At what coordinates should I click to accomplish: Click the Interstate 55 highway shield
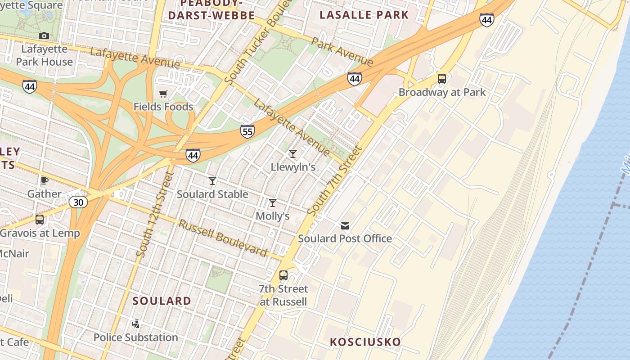click(247, 131)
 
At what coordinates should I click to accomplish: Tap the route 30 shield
click(78, 202)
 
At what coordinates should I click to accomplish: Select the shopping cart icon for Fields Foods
click(163, 94)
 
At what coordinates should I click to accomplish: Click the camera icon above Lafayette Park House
click(44, 36)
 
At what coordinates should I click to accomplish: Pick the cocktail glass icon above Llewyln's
click(293, 154)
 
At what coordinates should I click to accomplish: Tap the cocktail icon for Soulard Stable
click(212, 181)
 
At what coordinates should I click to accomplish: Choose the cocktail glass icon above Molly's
click(273, 203)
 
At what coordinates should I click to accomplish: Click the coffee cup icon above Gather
click(44, 180)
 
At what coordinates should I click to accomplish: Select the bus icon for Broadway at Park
click(442, 79)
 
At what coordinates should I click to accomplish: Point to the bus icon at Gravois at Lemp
click(40, 220)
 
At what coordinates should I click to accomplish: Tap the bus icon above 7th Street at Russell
click(283, 275)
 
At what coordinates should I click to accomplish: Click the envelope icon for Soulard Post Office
click(345, 225)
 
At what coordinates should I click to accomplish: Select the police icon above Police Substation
click(135, 324)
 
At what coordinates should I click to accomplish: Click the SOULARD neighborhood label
click(162, 301)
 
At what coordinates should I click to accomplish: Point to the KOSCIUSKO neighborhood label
click(365, 342)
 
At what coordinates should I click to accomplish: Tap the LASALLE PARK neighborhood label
click(364, 15)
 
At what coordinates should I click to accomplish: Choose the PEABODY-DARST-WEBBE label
click(211, 10)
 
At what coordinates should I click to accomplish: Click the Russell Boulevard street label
click(223, 238)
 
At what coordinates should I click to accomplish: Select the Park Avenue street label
click(342, 51)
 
